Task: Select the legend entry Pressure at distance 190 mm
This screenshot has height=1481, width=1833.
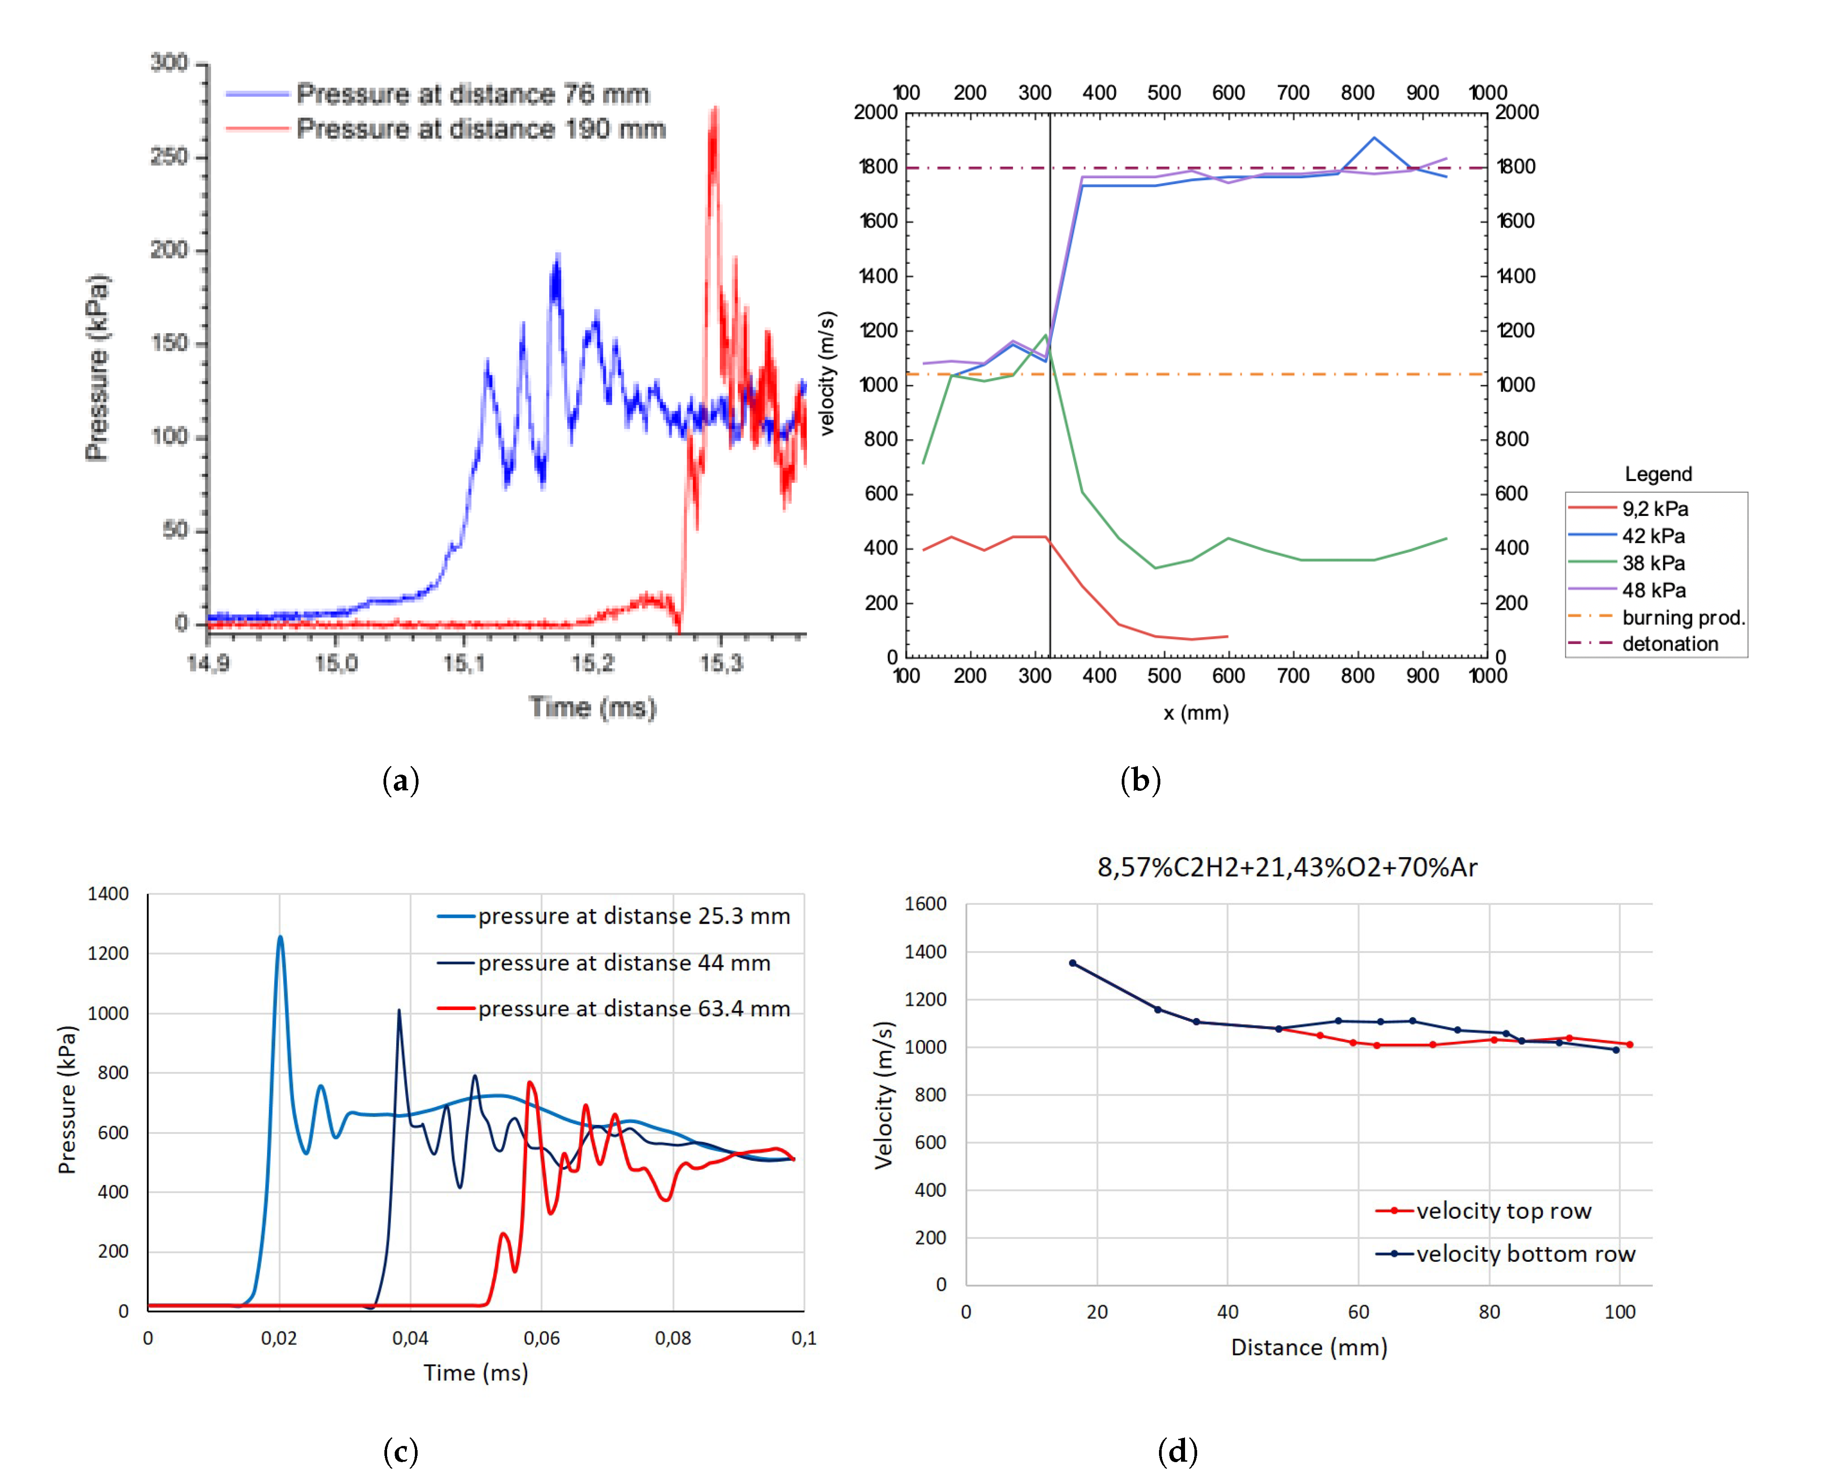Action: (x=480, y=129)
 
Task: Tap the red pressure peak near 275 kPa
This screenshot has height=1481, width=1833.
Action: (x=714, y=111)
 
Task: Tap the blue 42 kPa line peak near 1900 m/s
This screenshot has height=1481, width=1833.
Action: (x=1374, y=138)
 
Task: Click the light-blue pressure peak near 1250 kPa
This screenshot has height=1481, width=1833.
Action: (x=280, y=939)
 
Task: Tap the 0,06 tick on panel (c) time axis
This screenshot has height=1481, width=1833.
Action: (x=542, y=1338)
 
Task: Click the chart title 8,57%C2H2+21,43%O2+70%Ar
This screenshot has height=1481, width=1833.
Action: (x=1286, y=868)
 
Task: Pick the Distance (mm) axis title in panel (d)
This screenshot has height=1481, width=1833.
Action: (x=1309, y=1347)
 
